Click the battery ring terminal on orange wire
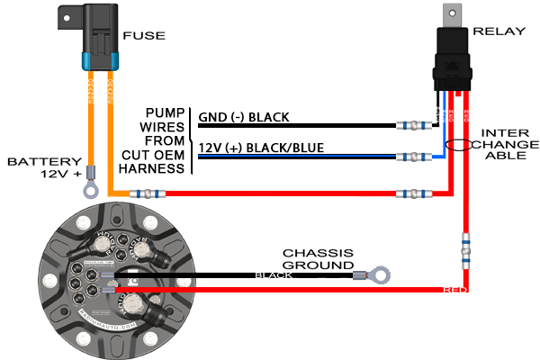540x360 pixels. coord(90,190)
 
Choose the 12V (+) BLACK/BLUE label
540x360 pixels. coord(261,148)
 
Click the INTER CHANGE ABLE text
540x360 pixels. coord(508,143)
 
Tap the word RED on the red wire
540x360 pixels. coord(454,290)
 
